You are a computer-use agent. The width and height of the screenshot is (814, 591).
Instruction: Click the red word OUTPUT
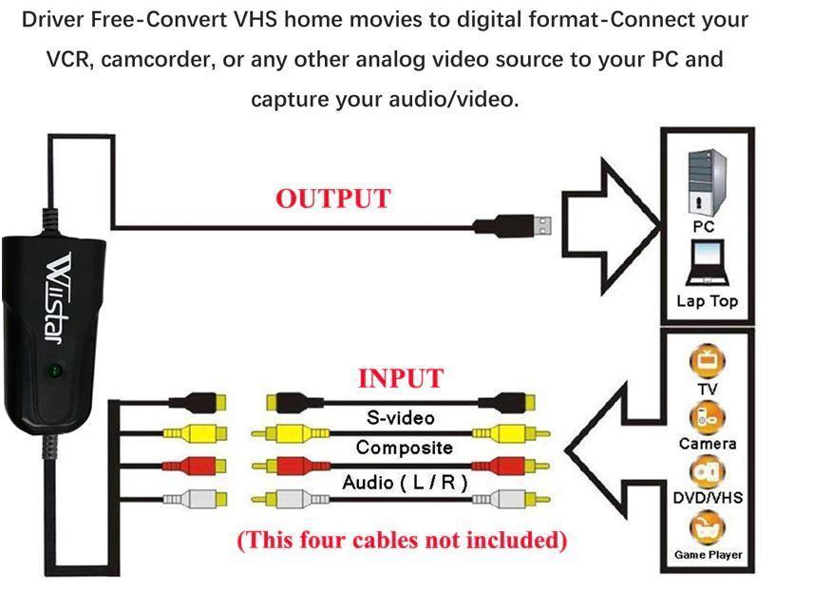332,200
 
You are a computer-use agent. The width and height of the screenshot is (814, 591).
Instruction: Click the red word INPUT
400,378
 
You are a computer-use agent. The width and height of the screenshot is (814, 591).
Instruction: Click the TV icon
708,362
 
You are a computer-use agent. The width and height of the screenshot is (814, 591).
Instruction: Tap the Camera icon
708,415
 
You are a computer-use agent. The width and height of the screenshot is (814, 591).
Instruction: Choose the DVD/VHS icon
708,470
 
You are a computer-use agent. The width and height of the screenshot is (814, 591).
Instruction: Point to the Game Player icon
708,525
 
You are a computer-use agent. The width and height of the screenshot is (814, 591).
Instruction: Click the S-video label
400,418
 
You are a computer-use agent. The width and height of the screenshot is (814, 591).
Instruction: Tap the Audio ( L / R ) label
405,483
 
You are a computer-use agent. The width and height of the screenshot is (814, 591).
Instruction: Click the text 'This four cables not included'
402,541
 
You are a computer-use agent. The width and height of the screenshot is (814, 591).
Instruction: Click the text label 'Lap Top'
707,301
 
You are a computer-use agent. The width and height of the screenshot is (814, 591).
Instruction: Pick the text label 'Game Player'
708,555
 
